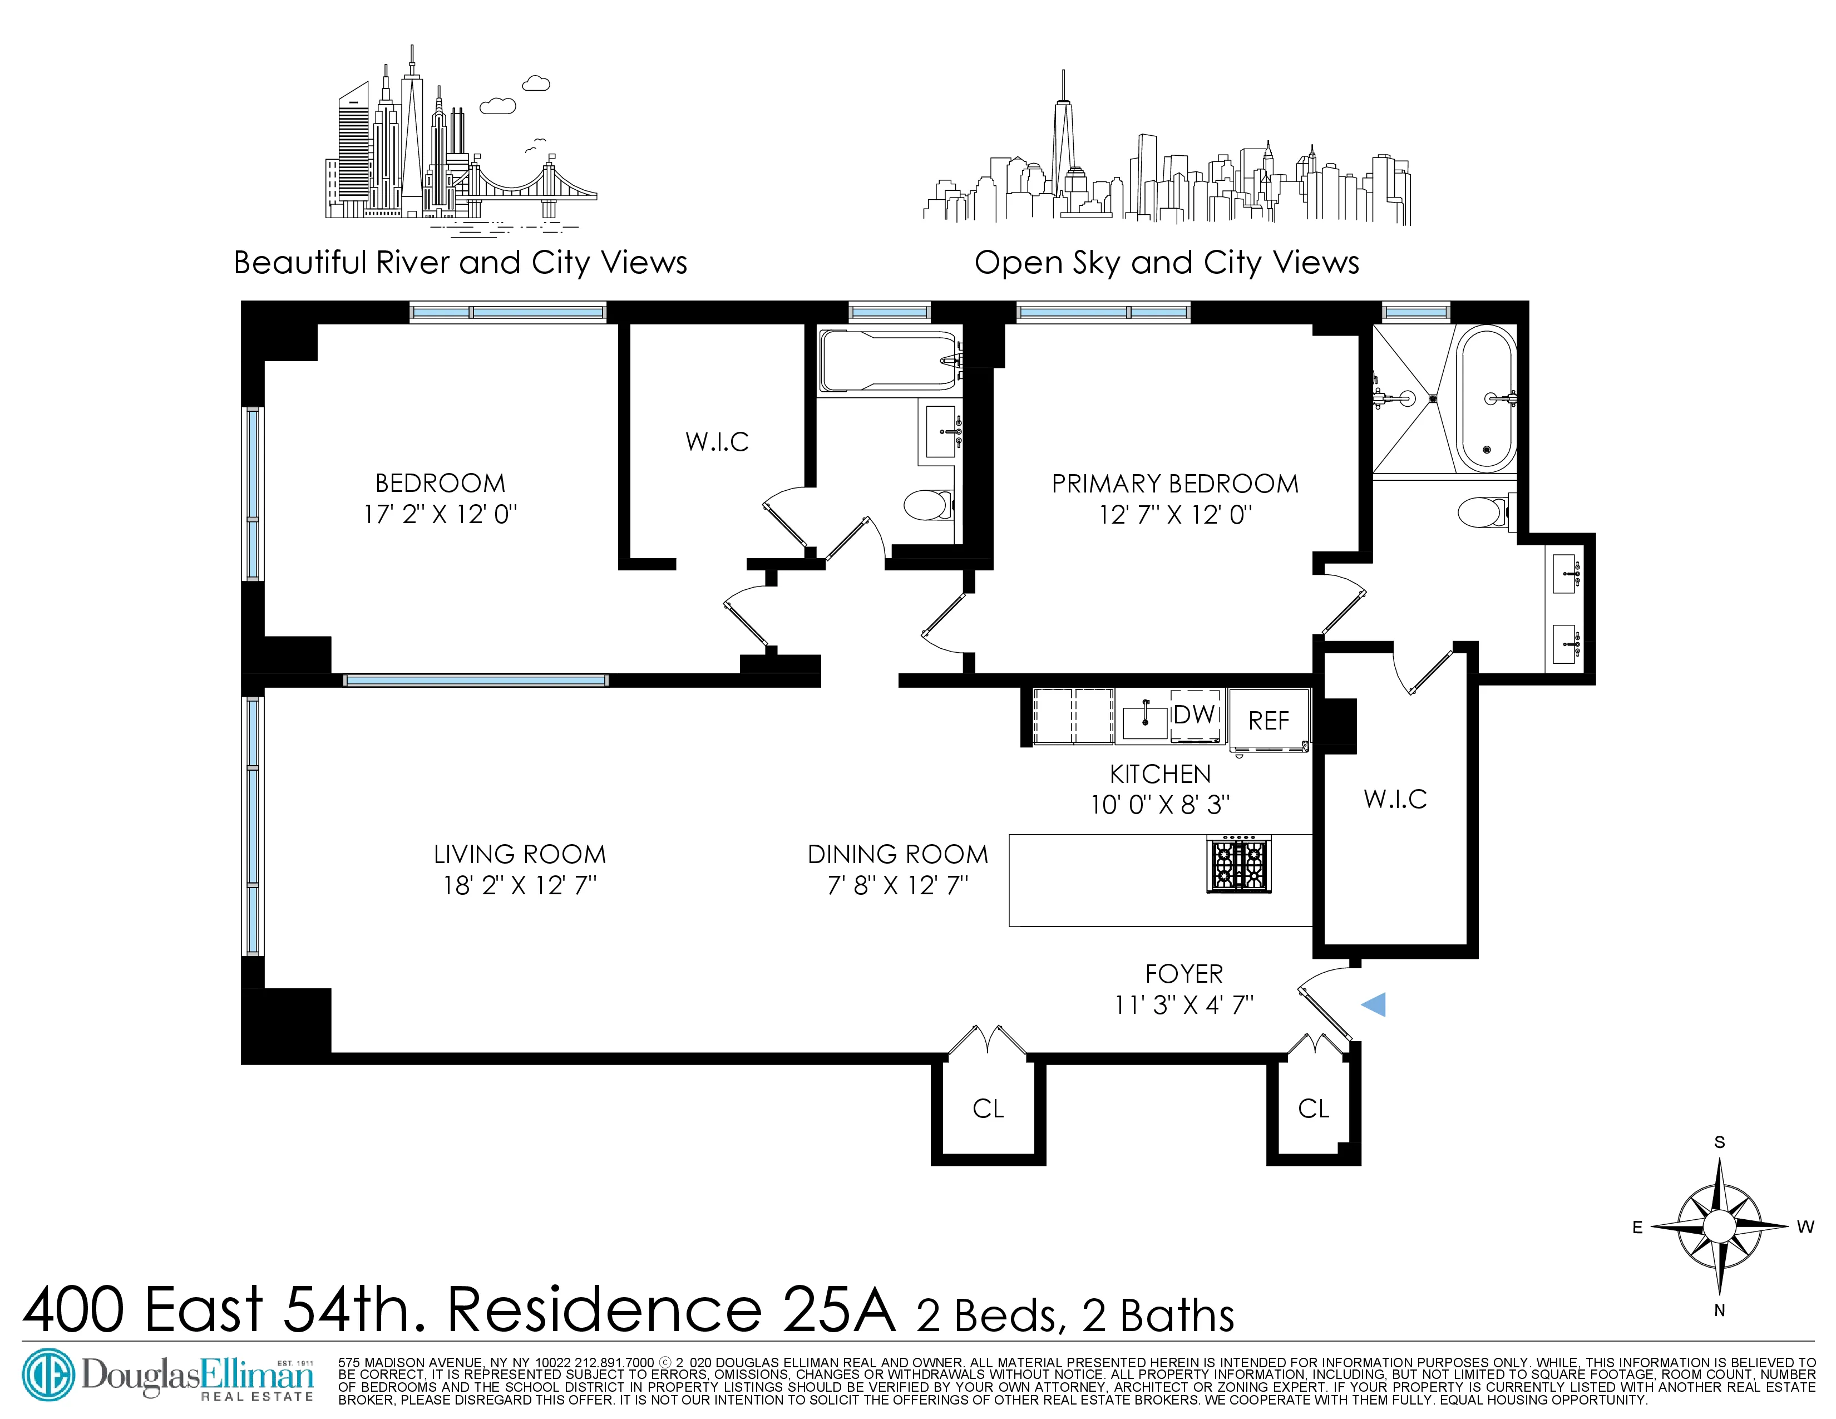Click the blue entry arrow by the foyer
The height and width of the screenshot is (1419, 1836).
pyautogui.click(x=1374, y=1004)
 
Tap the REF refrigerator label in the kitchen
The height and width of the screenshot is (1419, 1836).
pyautogui.click(x=1269, y=721)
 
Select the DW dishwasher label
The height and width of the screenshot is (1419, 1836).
pyautogui.click(x=1195, y=715)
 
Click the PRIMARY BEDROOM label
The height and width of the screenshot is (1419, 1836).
pyautogui.click(x=1174, y=484)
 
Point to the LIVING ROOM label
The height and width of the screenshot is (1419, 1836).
pyautogui.click(x=520, y=854)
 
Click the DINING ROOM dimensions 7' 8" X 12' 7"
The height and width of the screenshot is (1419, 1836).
pyautogui.click(x=898, y=885)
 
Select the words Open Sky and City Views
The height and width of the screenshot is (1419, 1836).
pyautogui.click(x=1166, y=263)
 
